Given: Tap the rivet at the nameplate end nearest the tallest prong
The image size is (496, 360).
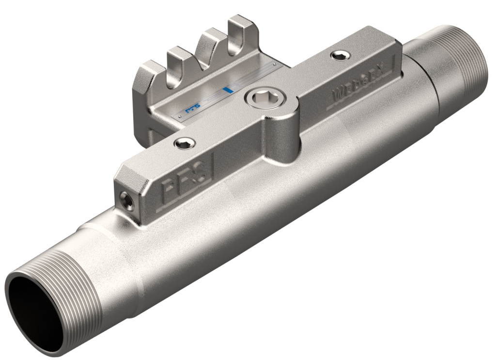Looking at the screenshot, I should click(x=275, y=63).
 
